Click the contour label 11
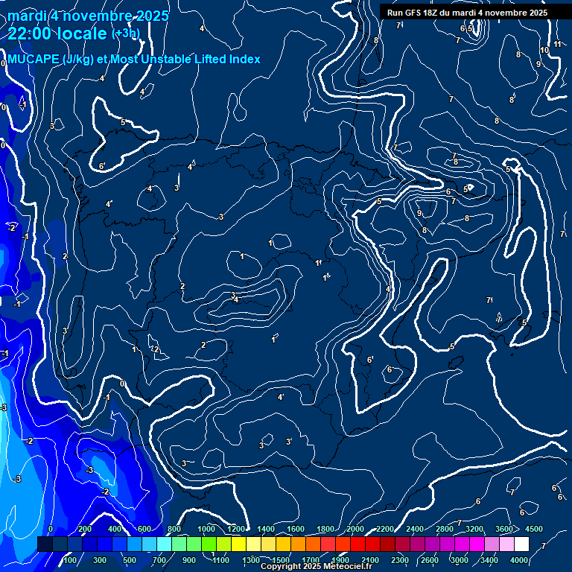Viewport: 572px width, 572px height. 557,45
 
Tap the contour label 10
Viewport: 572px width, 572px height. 544,50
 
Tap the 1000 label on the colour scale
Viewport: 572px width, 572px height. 206,529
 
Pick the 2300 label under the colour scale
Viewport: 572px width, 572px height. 400,560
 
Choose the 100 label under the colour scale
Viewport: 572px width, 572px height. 70,560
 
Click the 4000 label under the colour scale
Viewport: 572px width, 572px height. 520,560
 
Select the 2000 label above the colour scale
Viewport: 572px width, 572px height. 355,529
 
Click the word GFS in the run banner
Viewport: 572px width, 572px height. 412,13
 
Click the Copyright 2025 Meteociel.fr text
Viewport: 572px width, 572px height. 317,567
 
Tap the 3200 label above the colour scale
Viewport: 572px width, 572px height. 474,529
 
